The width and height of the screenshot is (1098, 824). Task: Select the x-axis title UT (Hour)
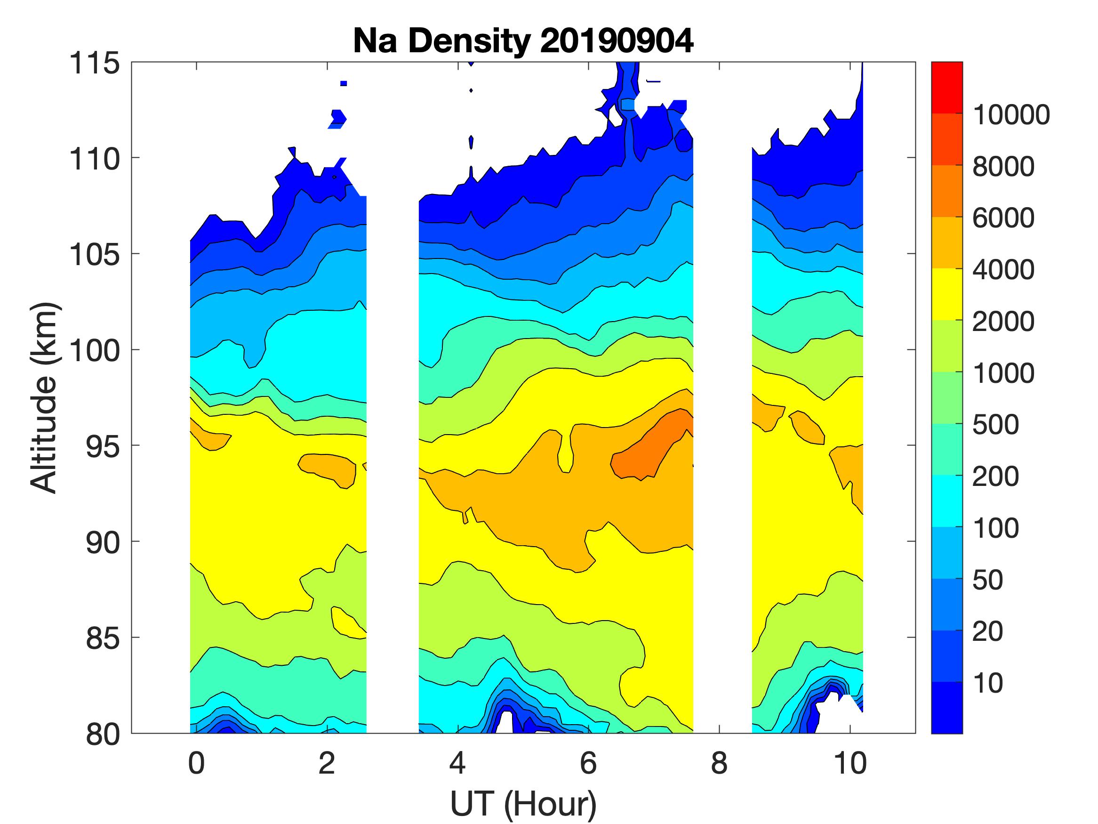click(523, 804)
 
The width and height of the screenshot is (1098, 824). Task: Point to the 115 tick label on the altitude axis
click(94, 64)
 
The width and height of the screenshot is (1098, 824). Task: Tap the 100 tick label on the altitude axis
click(94, 351)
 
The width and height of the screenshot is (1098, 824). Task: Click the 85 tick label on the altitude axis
click(103, 638)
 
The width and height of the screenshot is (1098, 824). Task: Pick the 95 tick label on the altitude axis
click(103, 446)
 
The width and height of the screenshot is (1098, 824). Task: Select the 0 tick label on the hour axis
click(197, 763)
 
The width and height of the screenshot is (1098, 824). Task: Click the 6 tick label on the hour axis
click(588, 763)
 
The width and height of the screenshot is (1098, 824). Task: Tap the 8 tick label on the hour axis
click(719, 763)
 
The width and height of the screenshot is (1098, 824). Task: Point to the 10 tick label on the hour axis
click(850, 763)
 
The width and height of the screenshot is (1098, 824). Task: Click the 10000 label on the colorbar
click(1010, 115)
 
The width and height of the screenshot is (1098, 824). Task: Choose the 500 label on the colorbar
click(996, 425)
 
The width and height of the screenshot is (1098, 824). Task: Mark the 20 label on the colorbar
click(988, 631)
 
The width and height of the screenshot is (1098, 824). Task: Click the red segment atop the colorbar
click(946, 88)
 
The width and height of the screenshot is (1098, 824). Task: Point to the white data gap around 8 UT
click(722, 397)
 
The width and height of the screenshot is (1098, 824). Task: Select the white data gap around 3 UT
click(392, 397)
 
